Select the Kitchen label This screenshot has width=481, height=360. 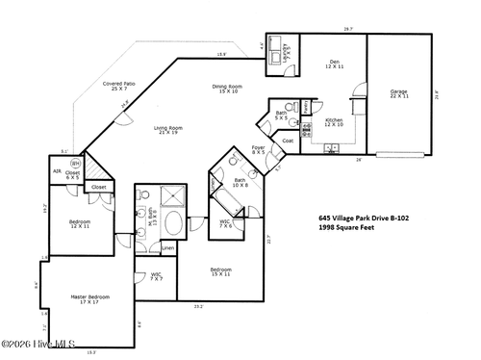pyautogui.click(x=334, y=122)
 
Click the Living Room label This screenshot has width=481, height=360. pyautogui.click(x=169, y=129)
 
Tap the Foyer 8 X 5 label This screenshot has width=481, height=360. pyautogui.click(x=259, y=150)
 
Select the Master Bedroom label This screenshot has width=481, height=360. pyautogui.click(x=92, y=298)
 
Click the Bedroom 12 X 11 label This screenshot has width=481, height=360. pyautogui.click(x=80, y=222)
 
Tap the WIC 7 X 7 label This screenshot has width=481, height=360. pyautogui.click(x=155, y=277)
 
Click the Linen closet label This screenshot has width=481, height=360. pyautogui.click(x=167, y=248)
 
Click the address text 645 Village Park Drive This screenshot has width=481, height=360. pyautogui.click(x=364, y=219)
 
